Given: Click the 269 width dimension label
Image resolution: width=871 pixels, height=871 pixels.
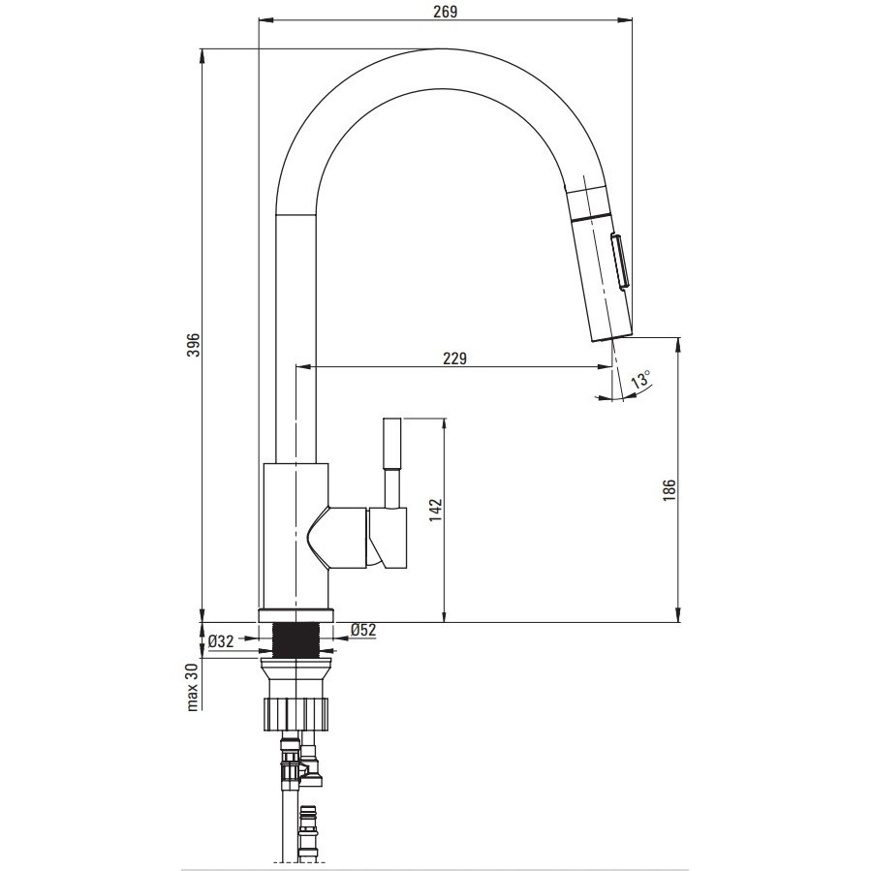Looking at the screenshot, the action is pos(446,12).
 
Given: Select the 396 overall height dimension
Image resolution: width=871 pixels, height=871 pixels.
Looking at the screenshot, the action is pos(193,345).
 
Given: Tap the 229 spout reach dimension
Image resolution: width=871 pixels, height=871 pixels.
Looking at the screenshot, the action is pos(454,358).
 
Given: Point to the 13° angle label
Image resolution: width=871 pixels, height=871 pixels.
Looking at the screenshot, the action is pos(640,381).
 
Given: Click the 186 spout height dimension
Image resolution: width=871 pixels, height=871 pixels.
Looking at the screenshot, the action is pos(669,489).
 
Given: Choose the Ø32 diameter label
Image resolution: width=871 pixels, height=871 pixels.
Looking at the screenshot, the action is pos(221,641).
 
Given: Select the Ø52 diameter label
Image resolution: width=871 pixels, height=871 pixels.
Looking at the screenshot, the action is pos(363,630).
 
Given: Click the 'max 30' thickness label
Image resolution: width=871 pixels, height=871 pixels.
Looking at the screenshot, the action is pos(192,687).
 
